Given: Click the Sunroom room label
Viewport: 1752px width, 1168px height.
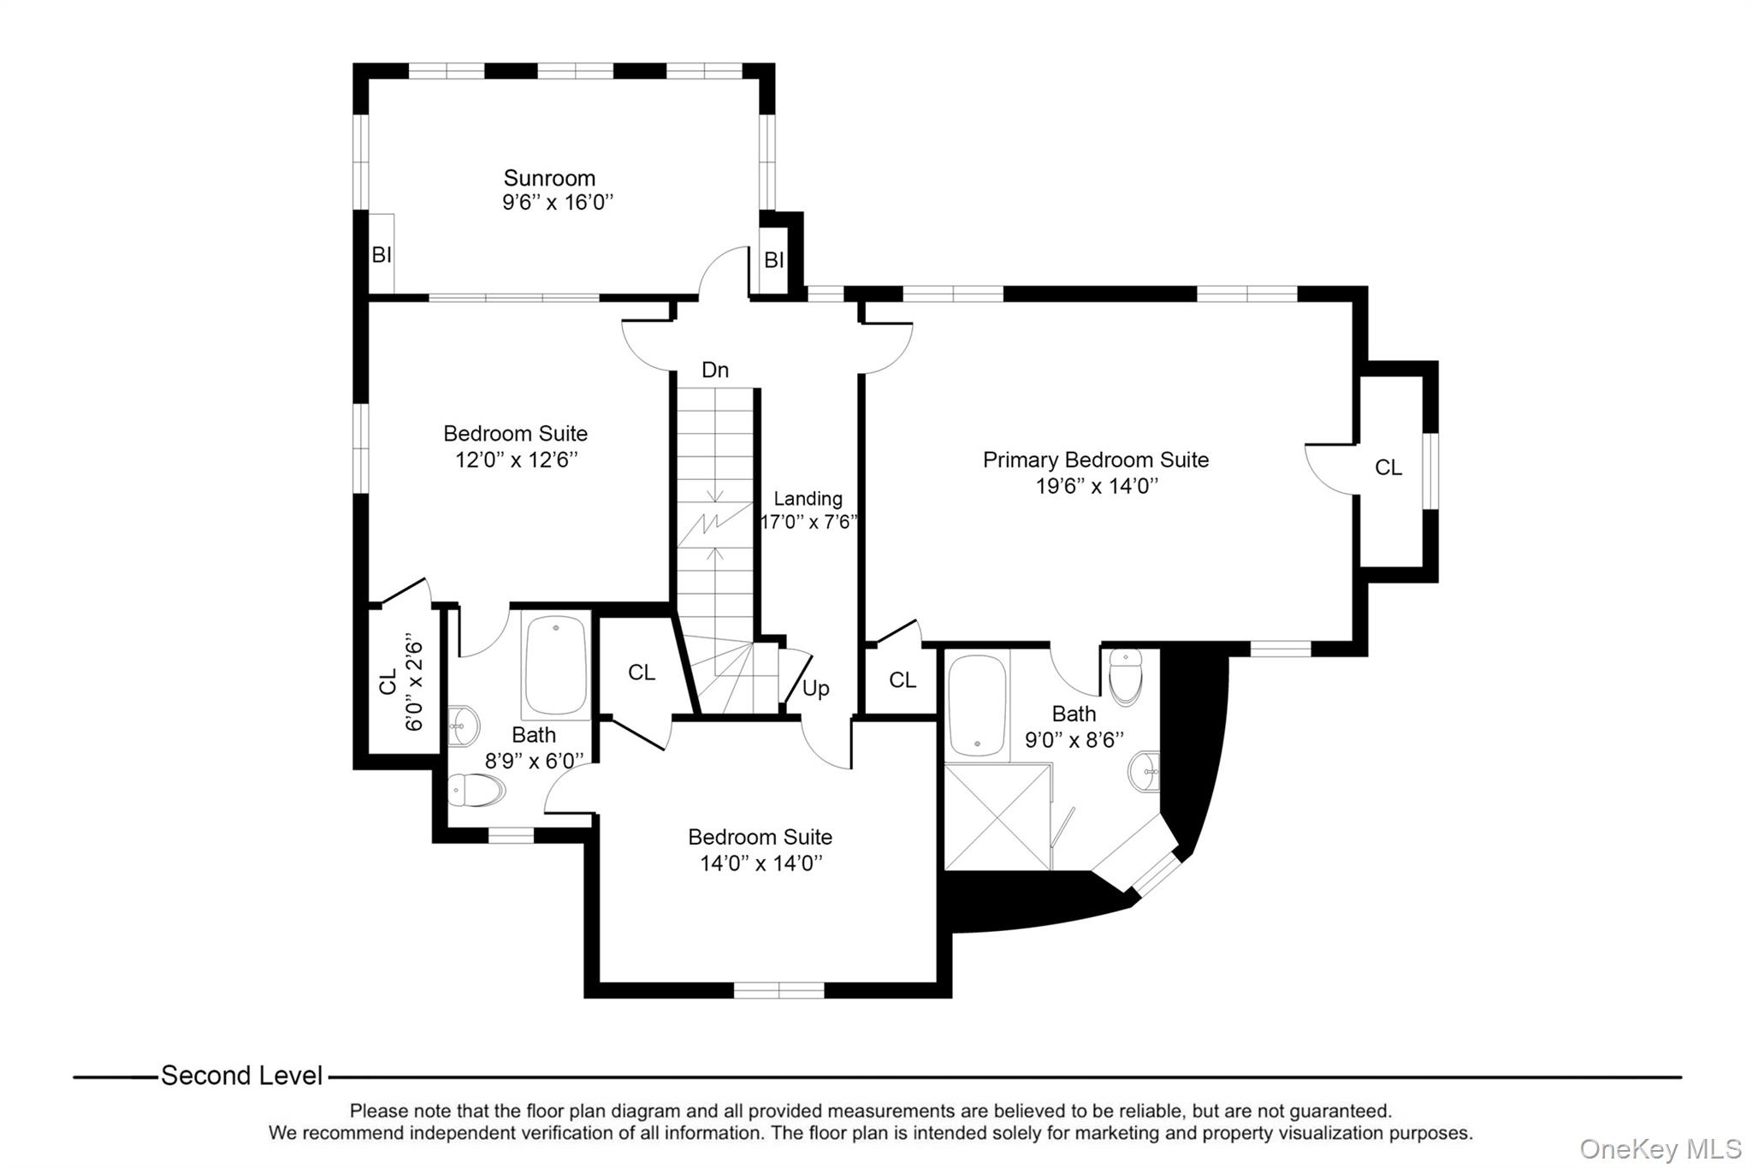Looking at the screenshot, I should [548, 178].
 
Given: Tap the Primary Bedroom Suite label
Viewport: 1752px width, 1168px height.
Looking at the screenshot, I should [1095, 460].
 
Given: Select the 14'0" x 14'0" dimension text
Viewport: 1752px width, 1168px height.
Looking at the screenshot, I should [761, 863].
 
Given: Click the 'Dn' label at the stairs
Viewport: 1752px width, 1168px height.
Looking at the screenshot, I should [714, 370].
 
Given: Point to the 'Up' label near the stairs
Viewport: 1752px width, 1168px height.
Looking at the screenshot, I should [815, 689].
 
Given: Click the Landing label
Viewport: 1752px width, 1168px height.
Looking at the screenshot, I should [808, 499].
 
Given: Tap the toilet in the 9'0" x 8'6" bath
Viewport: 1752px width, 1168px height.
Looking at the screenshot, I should [1125, 676].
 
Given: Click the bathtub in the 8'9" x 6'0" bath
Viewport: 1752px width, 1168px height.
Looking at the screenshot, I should [556, 665].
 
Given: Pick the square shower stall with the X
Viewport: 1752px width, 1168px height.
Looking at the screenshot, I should [997, 817].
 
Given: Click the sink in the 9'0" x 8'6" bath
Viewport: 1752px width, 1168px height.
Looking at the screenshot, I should [1145, 772].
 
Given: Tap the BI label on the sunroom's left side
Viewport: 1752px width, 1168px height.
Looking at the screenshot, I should [381, 255].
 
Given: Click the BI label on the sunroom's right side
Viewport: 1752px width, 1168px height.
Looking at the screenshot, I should [773, 260].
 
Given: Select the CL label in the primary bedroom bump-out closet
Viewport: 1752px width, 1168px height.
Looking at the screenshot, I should [1388, 468].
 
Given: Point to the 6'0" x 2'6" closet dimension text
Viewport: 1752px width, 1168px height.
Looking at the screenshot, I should [413, 682].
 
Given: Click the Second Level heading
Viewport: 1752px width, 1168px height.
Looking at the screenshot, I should [241, 1076].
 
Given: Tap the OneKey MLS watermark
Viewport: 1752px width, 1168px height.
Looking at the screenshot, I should [1660, 1148].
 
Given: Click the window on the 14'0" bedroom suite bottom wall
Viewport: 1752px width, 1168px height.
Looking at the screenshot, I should [778, 990].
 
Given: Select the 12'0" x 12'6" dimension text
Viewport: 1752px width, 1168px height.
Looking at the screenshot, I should [516, 460].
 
